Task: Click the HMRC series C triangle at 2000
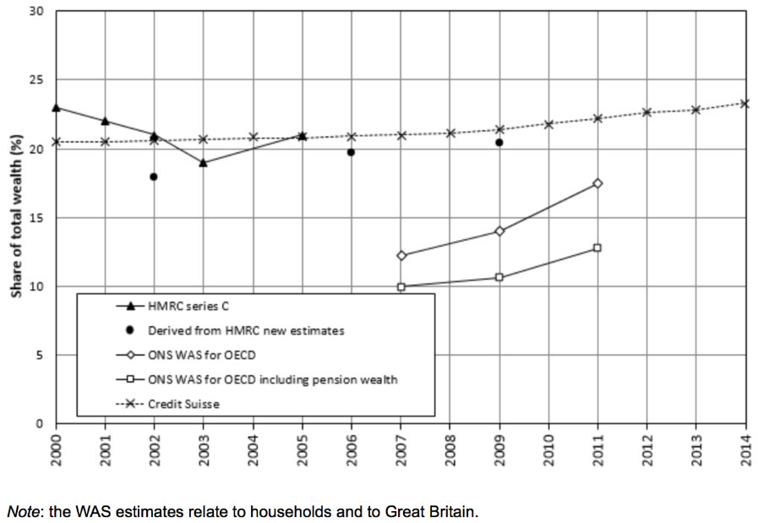(56, 107)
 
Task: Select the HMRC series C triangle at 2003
(203, 162)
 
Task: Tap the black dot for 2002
(154, 177)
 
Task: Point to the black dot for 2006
(351, 152)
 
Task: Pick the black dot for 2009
(499, 143)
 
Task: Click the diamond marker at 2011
(597, 183)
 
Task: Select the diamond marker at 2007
(401, 255)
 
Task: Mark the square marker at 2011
(597, 248)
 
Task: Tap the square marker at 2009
(499, 277)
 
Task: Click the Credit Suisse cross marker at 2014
(744, 104)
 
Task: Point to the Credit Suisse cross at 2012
(646, 112)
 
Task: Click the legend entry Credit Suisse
(183, 404)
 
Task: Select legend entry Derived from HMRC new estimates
(245, 330)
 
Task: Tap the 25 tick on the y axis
(38, 80)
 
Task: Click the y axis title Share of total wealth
(15, 218)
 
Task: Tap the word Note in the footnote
(23, 511)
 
